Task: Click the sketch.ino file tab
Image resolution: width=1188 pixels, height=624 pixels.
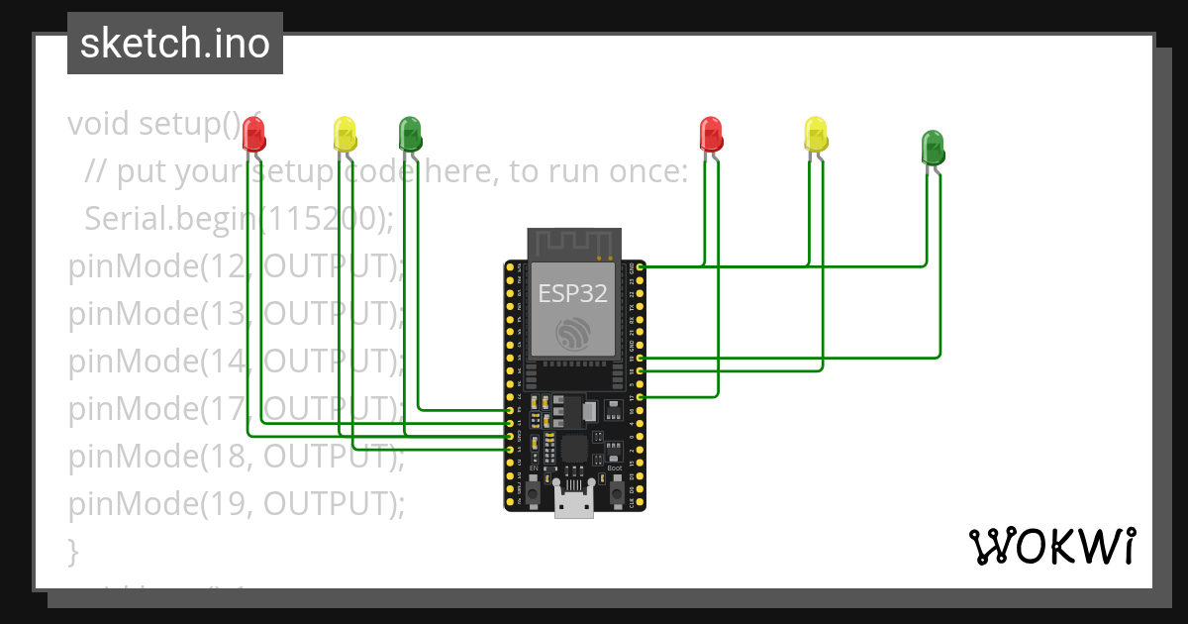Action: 174,44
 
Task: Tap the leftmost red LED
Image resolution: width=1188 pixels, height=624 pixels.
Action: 253,133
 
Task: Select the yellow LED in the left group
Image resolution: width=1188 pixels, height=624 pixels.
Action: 345,134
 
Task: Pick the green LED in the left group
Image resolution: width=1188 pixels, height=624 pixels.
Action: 409,133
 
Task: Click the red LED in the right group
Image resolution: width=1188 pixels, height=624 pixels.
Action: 710,134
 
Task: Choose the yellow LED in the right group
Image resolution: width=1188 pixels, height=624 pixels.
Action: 815,134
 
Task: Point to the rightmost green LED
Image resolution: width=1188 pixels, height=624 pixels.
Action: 933,147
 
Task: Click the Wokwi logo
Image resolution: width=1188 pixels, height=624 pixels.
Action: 1050,546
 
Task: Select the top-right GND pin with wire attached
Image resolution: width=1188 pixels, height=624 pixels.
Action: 641,266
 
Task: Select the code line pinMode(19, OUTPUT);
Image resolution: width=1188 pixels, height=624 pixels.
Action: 237,504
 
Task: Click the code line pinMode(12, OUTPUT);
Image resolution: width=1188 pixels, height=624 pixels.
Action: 237,266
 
